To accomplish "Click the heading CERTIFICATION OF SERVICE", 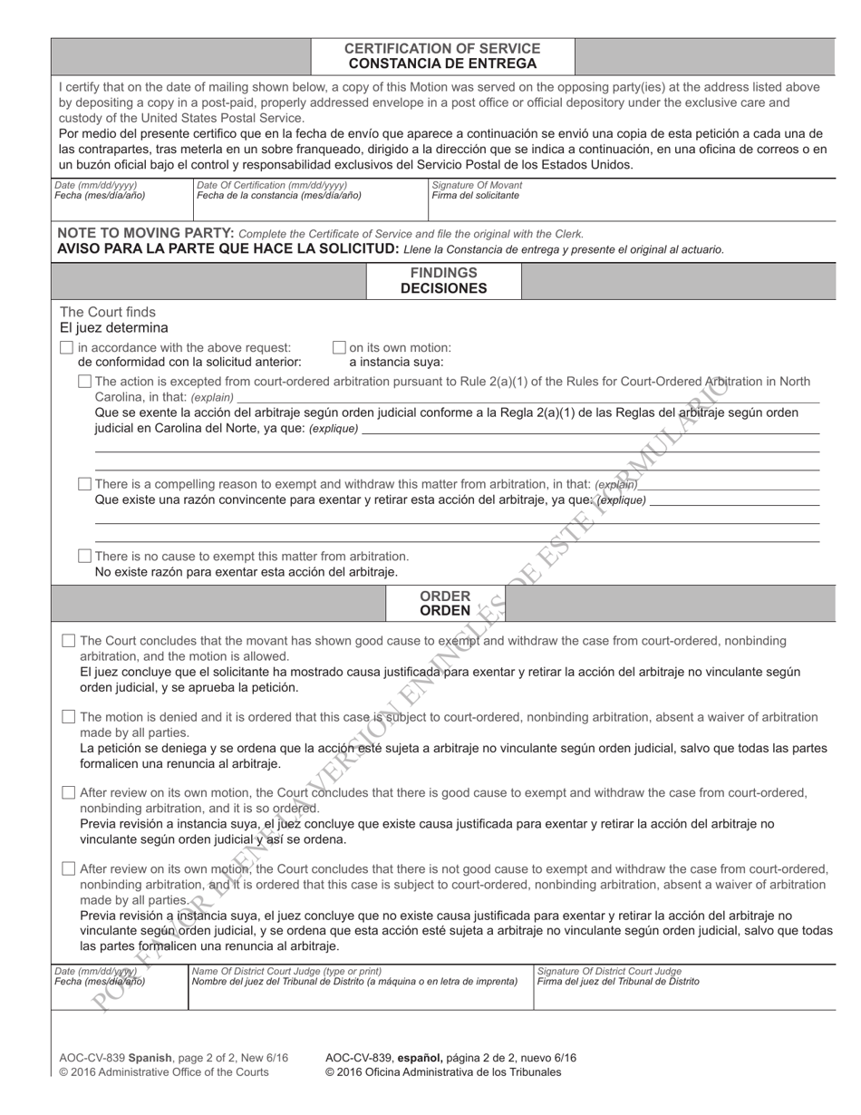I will click(x=442, y=48).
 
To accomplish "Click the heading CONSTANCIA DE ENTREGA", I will click(x=442, y=63).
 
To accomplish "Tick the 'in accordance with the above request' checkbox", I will click(x=66, y=347).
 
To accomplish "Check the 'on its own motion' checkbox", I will click(x=339, y=347).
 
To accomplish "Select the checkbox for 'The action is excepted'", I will click(x=84, y=382).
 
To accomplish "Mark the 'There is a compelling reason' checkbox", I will click(x=84, y=484).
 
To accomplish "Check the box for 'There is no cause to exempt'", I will click(x=84, y=556).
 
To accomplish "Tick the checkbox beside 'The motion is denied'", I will click(x=68, y=717).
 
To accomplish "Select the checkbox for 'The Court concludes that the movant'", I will click(x=68, y=641).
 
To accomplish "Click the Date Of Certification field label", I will click(x=271, y=185).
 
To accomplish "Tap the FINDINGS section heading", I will click(x=443, y=273).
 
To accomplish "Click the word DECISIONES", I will click(x=443, y=288).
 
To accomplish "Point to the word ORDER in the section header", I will click(x=444, y=596).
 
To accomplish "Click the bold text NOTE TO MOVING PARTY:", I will click(x=145, y=233).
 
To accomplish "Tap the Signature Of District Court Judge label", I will click(x=609, y=971).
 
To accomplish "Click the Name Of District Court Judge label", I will click(x=286, y=971).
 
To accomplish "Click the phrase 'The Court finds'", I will click(x=107, y=312).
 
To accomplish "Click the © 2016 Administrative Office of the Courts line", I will click(x=163, y=1071).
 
